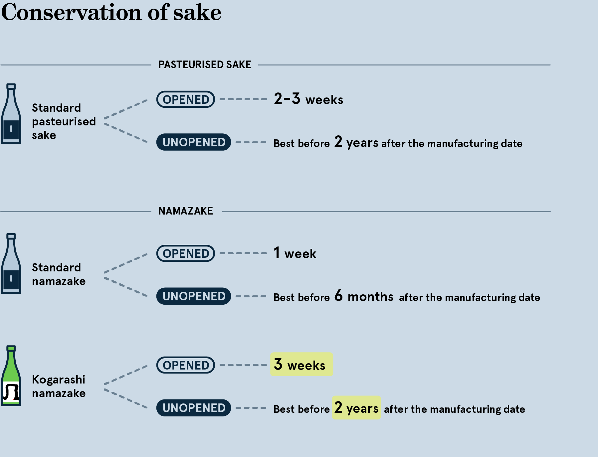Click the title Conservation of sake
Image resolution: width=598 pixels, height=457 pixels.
point(111,13)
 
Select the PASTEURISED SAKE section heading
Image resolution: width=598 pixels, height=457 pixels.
point(205,65)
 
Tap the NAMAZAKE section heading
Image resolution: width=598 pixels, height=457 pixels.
point(185,211)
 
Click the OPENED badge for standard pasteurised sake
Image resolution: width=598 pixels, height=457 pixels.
point(186,99)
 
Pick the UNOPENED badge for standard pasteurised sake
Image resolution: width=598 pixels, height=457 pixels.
point(194,142)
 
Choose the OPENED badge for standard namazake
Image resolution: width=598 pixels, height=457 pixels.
point(186,253)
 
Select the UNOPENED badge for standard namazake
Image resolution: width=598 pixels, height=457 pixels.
point(194,296)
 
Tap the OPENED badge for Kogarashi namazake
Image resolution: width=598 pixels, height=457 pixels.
point(186,365)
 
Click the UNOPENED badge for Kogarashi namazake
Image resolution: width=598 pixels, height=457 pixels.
point(194,408)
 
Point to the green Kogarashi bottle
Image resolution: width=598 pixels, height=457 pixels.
point(11,376)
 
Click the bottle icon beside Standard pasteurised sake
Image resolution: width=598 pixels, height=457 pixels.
point(11,114)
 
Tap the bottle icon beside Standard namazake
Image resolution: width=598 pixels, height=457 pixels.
point(11,263)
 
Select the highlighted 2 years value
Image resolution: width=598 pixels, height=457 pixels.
point(356,408)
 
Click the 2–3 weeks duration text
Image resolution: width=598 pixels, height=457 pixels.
point(308,99)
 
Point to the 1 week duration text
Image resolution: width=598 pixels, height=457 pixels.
point(295,253)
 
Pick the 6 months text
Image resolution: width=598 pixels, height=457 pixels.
point(364,296)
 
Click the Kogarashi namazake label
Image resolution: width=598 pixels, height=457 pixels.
point(59,386)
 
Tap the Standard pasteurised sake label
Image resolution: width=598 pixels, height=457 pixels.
point(64,121)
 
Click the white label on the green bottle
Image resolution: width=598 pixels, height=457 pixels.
point(11,392)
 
